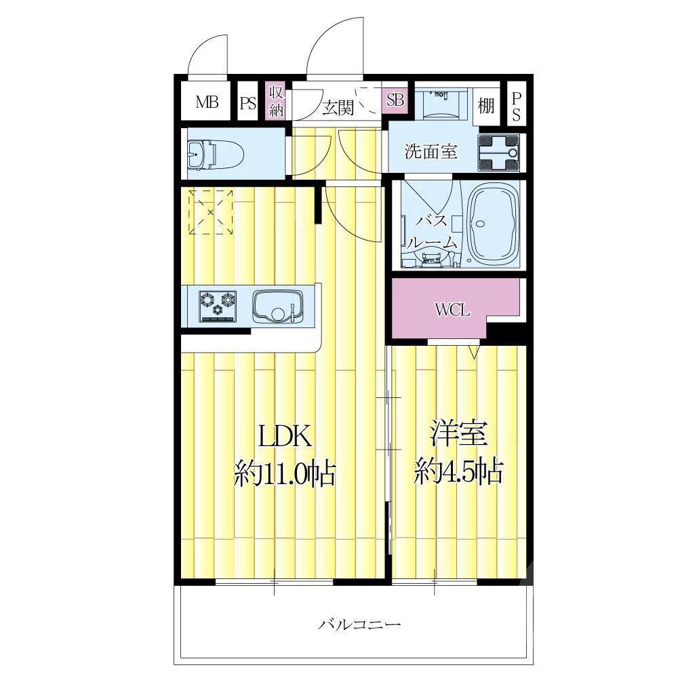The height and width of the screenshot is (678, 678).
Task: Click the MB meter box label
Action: [207, 102]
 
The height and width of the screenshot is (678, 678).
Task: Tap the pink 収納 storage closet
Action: [275, 101]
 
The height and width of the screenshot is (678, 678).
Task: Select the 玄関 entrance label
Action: [338, 107]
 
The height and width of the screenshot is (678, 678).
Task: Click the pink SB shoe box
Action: [395, 99]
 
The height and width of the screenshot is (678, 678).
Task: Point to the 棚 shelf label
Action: [486, 105]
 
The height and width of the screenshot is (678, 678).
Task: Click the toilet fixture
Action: [216, 153]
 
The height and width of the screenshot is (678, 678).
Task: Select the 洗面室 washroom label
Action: [431, 152]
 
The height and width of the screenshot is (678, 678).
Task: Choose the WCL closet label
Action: [452, 310]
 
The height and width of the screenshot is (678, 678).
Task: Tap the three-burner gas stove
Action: [218, 306]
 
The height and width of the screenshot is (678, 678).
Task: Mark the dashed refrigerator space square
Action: [211, 212]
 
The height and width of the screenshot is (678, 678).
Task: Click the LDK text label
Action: [285, 436]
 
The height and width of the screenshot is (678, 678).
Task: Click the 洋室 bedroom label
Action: [459, 433]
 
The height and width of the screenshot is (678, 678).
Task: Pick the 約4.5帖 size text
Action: [459, 472]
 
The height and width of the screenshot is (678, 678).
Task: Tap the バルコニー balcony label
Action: [360, 624]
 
